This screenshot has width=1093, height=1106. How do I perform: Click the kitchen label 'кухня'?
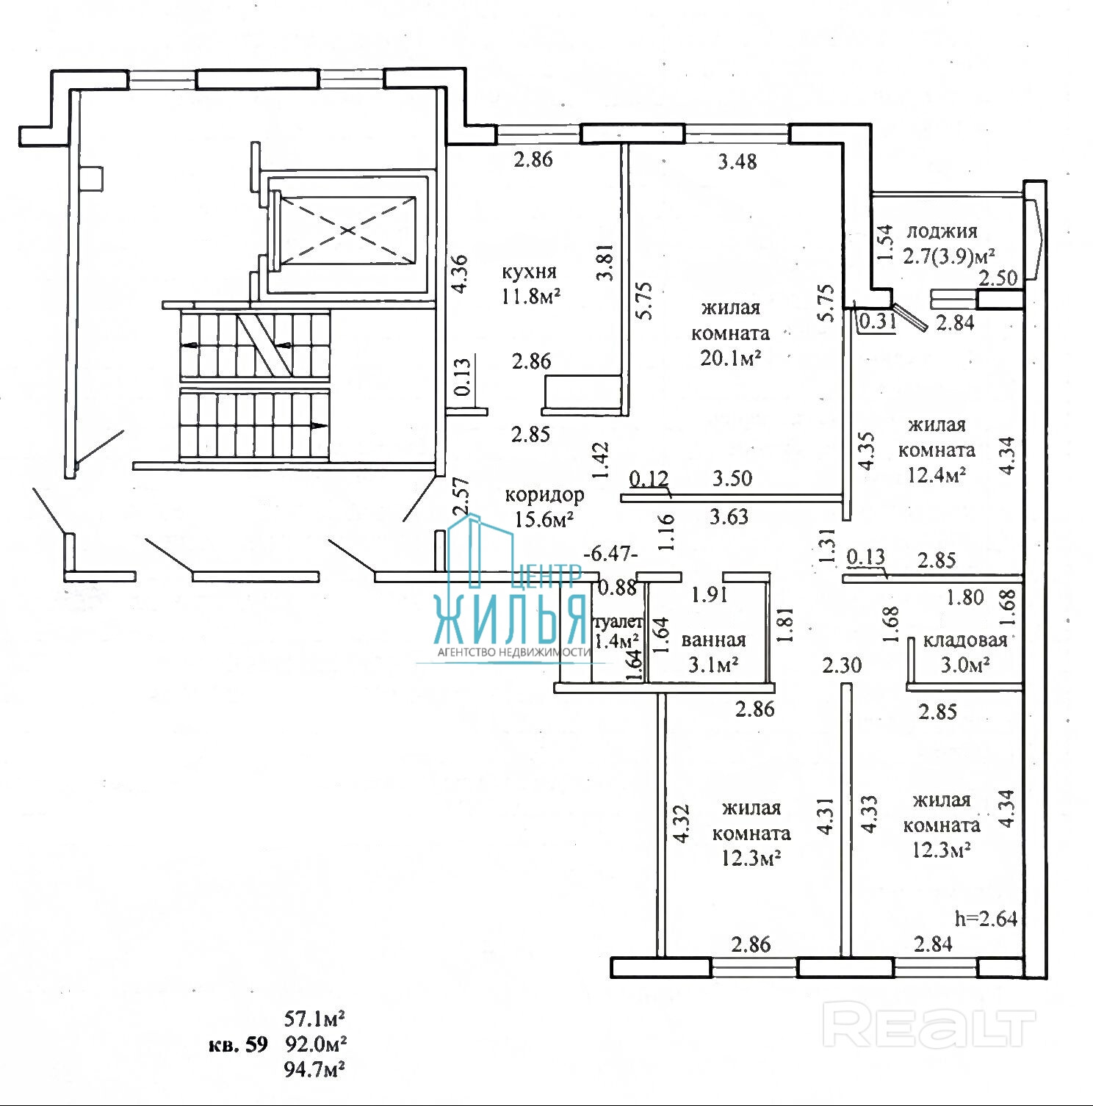pyautogui.click(x=529, y=272)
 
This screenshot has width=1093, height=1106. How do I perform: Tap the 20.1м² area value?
pyautogui.click(x=730, y=358)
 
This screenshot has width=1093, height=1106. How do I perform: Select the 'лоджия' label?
pyautogui.click(x=942, y=231)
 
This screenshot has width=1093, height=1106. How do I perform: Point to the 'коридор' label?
pyautogui.click(x=544, y=495)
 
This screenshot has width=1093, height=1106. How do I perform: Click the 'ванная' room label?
pyautogui.click(x=713, y=640)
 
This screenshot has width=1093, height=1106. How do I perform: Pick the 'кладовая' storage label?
pyautogui.click(x=964, y=640)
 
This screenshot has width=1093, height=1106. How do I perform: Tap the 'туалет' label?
pyautogui.click(x=617, y=623)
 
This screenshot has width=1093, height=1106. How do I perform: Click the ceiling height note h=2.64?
pyautogui.click(x=986, y=918)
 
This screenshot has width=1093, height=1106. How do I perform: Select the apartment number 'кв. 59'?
pyautogui.click(x=238, y=1044)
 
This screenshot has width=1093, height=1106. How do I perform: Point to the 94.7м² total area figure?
pyautogui.click(x=314, y=1069)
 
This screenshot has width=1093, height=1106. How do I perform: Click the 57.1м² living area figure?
pyautogui.click(x=314, y=1019)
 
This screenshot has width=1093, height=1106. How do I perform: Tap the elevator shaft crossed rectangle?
pyautogui.click(x=347, y=230)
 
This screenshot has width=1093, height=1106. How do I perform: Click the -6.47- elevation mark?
pyautogui.click(x=610, y=552)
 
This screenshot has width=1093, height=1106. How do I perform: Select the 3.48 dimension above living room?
pyautogui.click(x=737, y=161)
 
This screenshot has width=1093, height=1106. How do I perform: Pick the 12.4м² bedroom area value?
pyautogui.click(x=936, y=474)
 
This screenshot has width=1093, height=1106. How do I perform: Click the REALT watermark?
pyautogui.click(x=929, y=1026)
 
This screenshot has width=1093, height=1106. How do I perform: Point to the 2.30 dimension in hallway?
pyautogui.click(x=842, y=665)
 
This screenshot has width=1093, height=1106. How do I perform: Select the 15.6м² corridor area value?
pyautogui.click(x=544, y=520)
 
